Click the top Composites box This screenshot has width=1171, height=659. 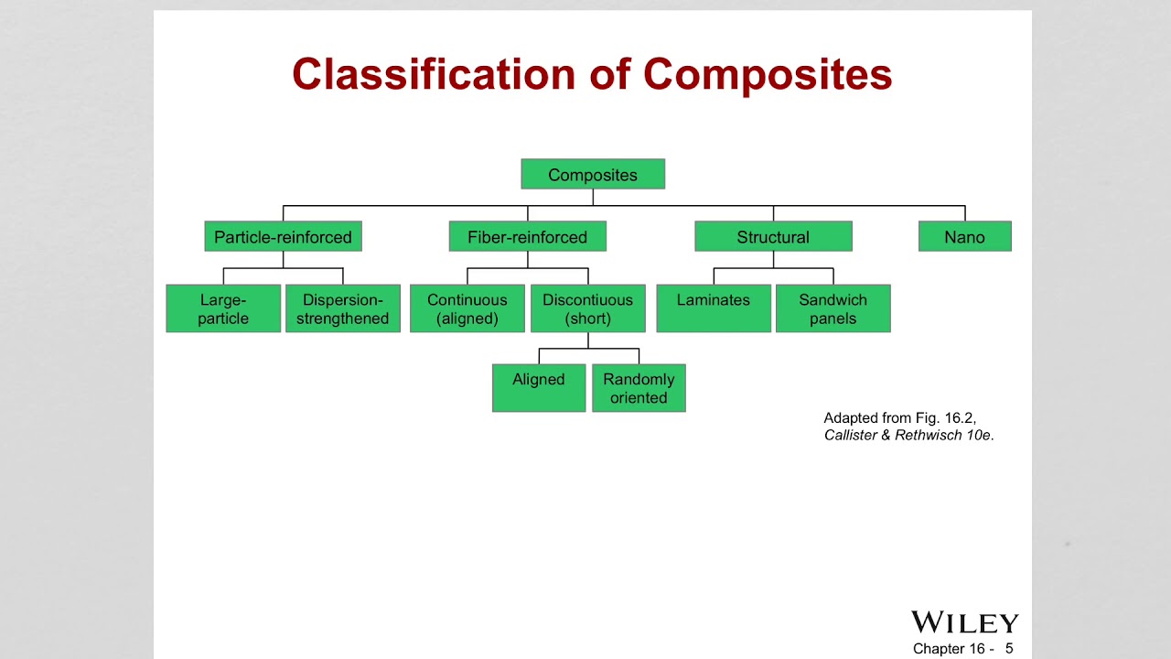click(593, 174)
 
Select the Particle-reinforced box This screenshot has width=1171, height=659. click(283, 236)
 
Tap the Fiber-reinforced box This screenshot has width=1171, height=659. click(527, 236)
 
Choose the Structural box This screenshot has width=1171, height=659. click(773, 236)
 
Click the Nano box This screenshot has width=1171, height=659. click(964, 236)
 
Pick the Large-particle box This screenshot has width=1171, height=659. click(223, 308)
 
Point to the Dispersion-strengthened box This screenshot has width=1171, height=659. click(342, 308)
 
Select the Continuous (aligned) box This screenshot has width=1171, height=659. click(467, 308)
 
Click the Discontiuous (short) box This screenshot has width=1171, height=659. click(587, 308)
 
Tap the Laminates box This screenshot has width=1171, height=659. click(714, 308)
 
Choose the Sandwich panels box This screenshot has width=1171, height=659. click(833, 308)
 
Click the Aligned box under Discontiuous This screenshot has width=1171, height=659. click(539, 388)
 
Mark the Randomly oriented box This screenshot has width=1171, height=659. click(639, 388)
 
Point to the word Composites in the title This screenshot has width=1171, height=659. click(767, 74)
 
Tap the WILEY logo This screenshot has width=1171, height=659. click(964, 622)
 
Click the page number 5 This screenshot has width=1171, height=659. click(1009, 649)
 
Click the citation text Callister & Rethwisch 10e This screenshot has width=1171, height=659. click(908, 436)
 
